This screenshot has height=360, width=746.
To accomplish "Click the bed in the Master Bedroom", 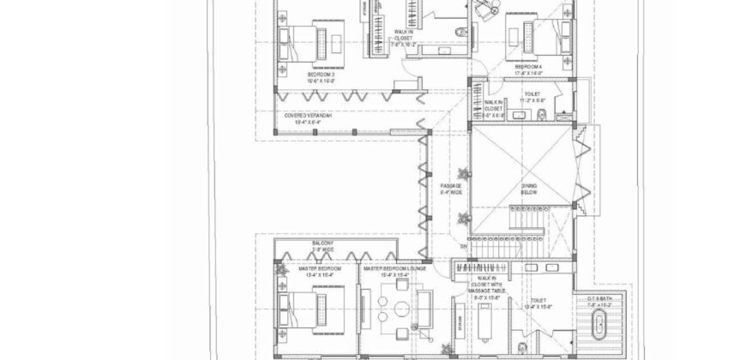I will click(306, 304).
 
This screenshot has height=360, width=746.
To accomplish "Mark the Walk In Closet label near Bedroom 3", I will click(403, 38).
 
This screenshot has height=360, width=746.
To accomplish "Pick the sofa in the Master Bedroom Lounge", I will click(423, 306).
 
